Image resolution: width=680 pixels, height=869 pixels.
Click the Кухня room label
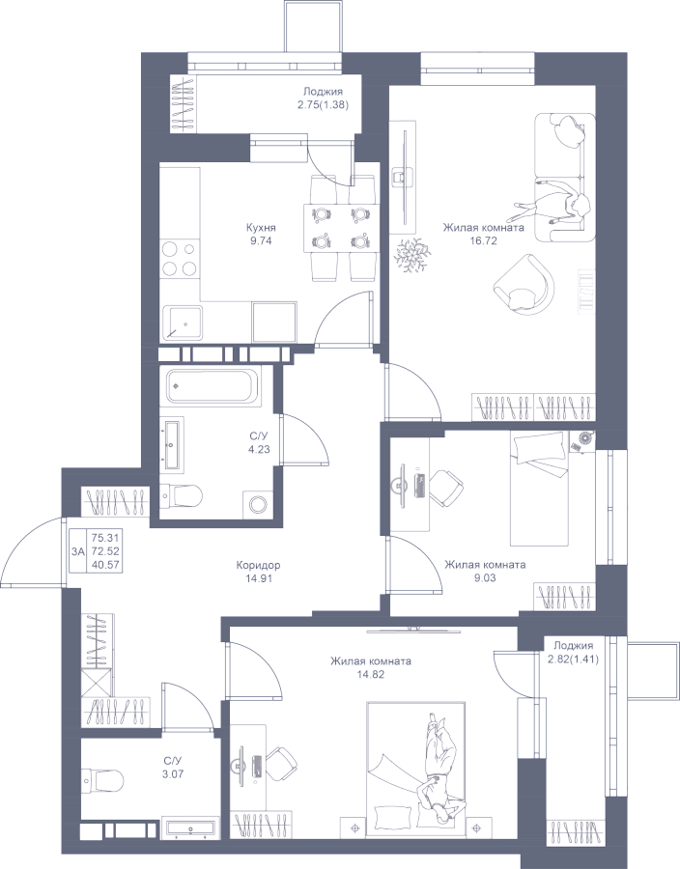tap(261, 228)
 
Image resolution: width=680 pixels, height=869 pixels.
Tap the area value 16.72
tap(483, 240)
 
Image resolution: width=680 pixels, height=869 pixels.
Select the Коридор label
tap(258, 566)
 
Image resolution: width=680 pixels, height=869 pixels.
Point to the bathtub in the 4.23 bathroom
tap(212, 386)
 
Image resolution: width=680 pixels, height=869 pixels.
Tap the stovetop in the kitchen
tap(180, 259)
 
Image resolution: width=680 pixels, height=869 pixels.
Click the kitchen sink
tap(183, 322)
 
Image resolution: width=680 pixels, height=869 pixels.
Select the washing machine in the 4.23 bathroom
tap(258, 505)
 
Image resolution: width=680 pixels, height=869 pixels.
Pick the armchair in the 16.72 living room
tap(524, 285)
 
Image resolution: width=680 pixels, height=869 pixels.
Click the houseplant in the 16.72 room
tap(411, 255)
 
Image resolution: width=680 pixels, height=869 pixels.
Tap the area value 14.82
tap(371, 674)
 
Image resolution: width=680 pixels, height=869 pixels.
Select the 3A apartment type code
tap(78, 551)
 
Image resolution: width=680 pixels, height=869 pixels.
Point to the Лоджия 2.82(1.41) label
tap(573, 651)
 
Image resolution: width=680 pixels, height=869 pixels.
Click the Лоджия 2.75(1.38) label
tap(323, 98)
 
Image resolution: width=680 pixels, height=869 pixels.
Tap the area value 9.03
tap(485, 578)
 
